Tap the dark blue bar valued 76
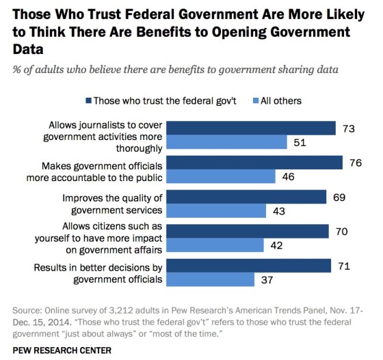click(255, 163)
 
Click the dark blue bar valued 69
click(247, 197)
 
